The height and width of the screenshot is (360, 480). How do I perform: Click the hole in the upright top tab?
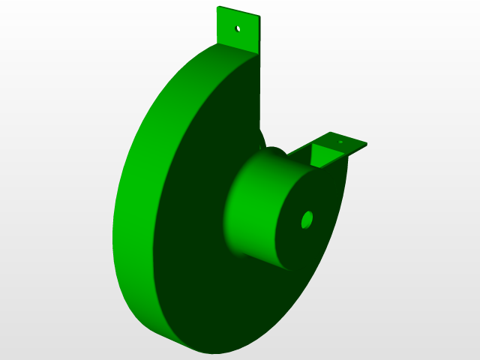pyautogui.click(x=238, y=28)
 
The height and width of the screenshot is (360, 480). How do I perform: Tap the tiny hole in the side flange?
pyautogui.click(x=340, y=140)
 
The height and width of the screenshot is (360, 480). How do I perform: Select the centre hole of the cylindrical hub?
pyautogui.click(x=307, y=220)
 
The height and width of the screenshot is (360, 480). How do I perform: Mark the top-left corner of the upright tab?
pyautogui.click(x=217, y=7)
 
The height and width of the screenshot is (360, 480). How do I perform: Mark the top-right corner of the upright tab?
pyautogui.click(x=259, y=16)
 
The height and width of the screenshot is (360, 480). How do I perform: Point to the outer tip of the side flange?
pyautogui.click(x=367, y=145)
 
